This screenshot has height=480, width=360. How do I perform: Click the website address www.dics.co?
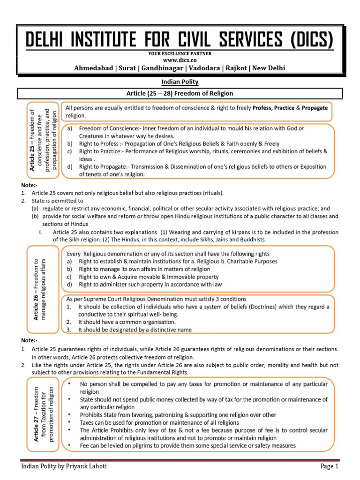180,60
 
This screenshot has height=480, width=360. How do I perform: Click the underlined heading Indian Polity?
180,82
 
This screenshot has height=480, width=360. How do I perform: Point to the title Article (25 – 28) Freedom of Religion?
180,94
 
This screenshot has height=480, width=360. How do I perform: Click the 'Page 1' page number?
329,466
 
